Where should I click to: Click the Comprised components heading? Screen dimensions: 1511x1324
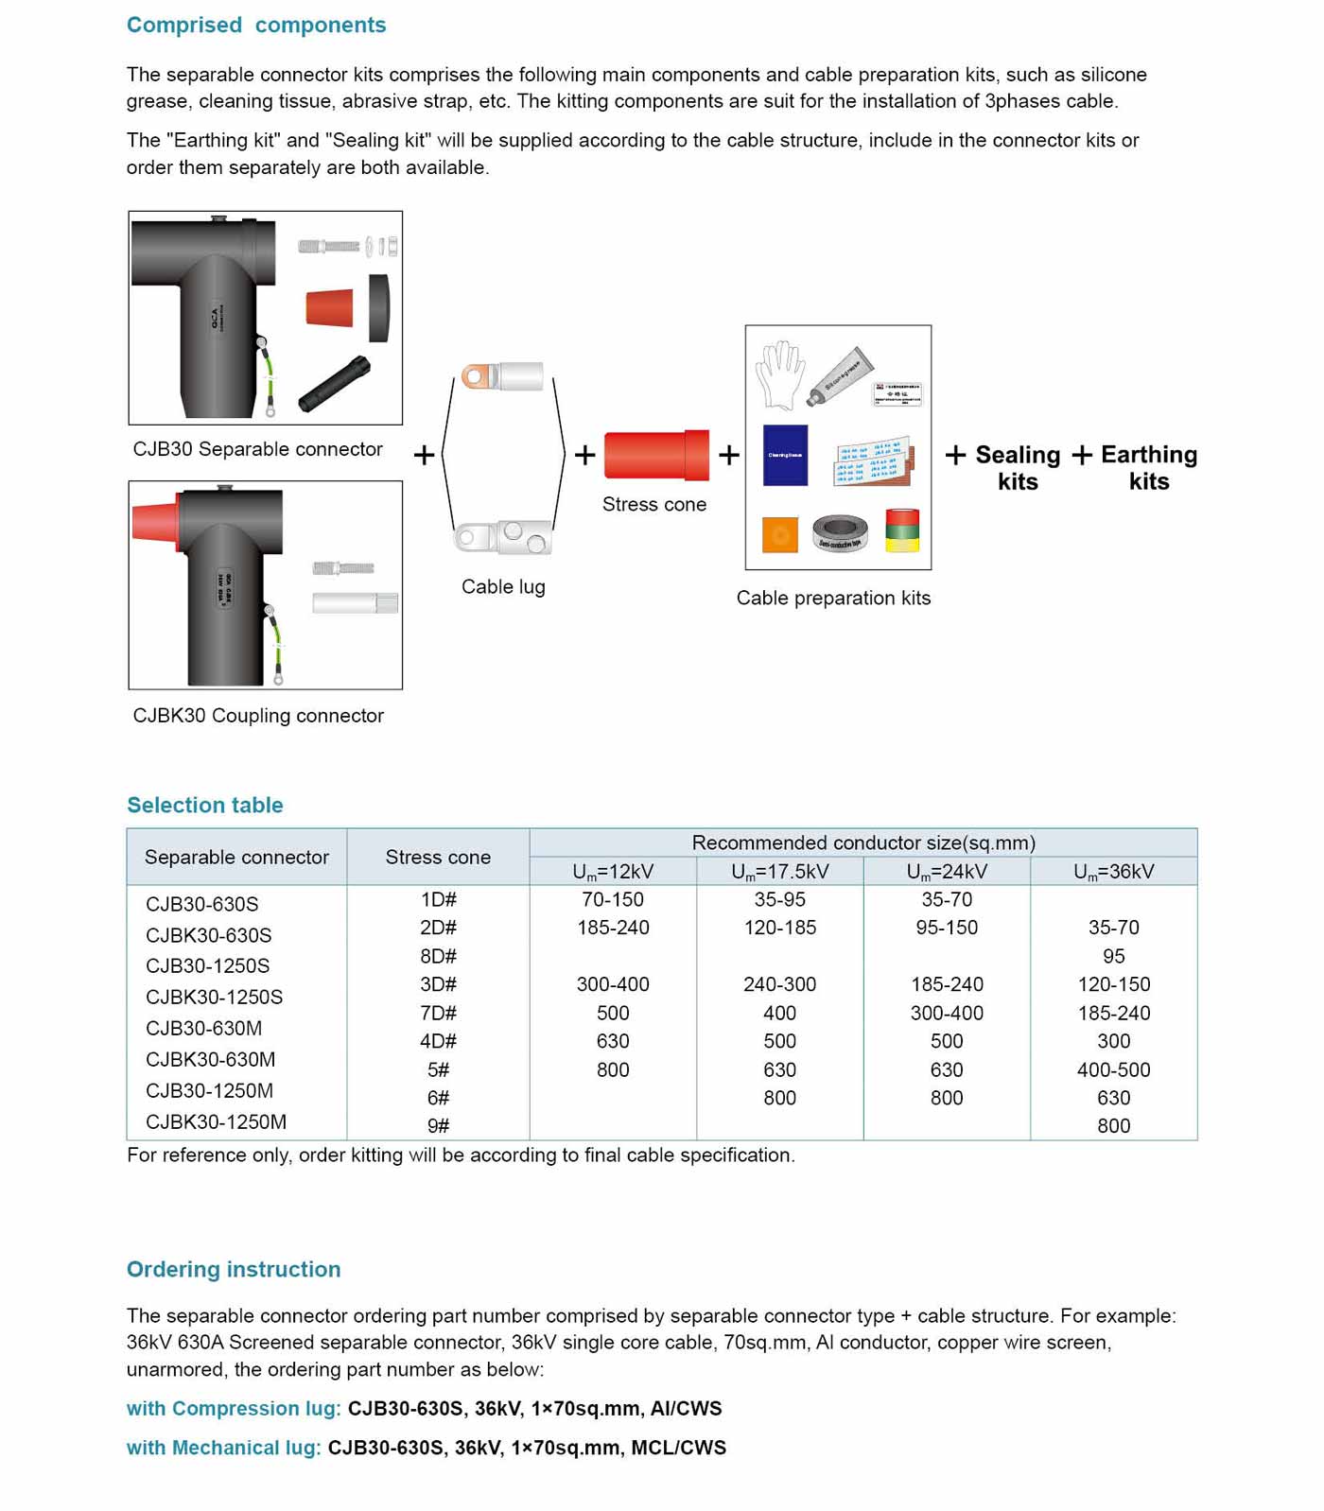[256, 26]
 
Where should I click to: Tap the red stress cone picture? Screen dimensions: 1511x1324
[655, 455]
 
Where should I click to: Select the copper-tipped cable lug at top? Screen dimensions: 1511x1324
[502, 376]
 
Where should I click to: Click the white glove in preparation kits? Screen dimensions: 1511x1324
[780, 374]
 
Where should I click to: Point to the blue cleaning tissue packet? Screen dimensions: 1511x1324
[785, 455]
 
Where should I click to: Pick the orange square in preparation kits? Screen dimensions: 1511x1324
[780, 534]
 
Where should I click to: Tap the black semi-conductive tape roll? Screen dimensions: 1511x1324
[840, 533]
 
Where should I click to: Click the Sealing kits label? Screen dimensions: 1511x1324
[1018, 468]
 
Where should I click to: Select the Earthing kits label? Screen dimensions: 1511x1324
[1149, 468]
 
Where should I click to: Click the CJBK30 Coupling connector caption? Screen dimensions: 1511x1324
[258, 716]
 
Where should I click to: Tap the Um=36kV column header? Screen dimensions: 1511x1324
[1113, 872]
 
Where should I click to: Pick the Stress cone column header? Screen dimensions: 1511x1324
[438, 858]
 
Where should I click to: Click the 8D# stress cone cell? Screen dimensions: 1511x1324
[438, 956]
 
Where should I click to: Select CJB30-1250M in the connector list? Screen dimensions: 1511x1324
[209, 1091]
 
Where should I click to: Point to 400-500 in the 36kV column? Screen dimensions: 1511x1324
[1113, 1070]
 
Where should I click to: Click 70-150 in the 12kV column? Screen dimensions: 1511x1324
[613, 900]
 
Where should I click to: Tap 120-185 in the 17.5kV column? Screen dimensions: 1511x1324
[779, 929]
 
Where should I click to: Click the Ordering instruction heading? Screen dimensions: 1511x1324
[234, 1270]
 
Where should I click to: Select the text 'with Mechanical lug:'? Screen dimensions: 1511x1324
[224, 1449]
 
